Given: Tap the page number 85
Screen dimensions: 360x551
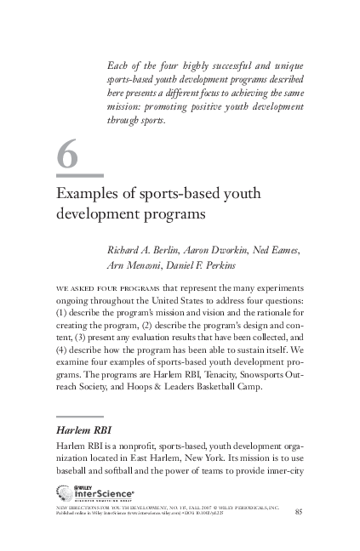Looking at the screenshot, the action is coord(298,511).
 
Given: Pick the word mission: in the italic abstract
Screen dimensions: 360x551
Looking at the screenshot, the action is coord(126,108).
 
